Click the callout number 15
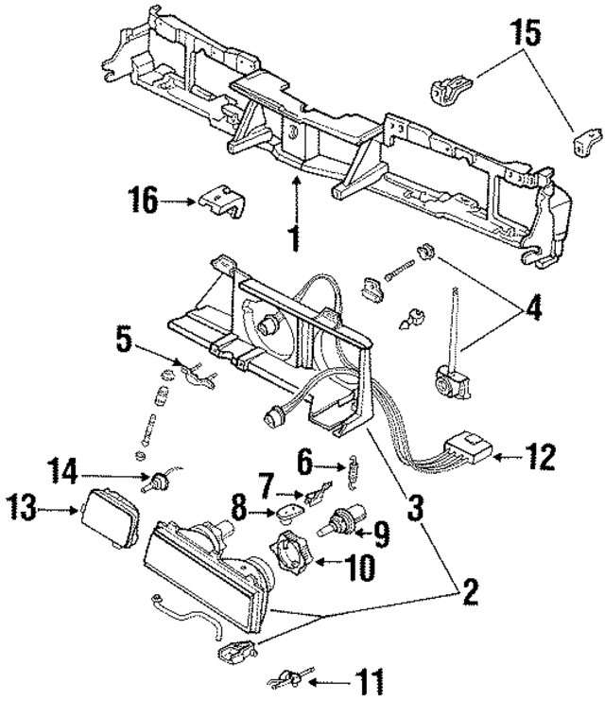pos(529,35)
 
